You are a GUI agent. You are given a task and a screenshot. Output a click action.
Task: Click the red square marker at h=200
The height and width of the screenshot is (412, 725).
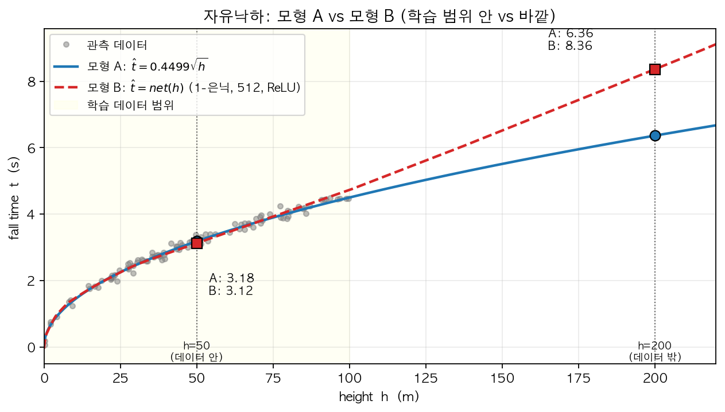(x=655, y=69)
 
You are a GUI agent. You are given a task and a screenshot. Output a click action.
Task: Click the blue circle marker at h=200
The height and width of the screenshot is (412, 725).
(x=655, y=135)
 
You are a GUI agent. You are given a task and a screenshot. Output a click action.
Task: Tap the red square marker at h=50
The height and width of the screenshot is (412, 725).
(x=197, y=243)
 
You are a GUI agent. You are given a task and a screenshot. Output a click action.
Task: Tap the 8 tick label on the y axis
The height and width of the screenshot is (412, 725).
(x=33, y=81)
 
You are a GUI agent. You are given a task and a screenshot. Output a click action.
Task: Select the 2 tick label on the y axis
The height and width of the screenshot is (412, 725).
(x=33, y=281)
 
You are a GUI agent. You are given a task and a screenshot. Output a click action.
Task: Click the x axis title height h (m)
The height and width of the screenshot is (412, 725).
(x=379, y=397)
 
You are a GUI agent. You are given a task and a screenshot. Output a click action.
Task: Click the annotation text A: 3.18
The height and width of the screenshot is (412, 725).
(x=231, y=278)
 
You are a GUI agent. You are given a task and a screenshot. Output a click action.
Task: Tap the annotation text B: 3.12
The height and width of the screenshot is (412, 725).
(x=231, y=291)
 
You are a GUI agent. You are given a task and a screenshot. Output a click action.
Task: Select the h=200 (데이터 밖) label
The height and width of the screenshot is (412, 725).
(x=655, y=351)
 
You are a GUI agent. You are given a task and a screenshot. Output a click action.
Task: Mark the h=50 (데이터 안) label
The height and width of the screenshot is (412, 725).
(x=197, y=351)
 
